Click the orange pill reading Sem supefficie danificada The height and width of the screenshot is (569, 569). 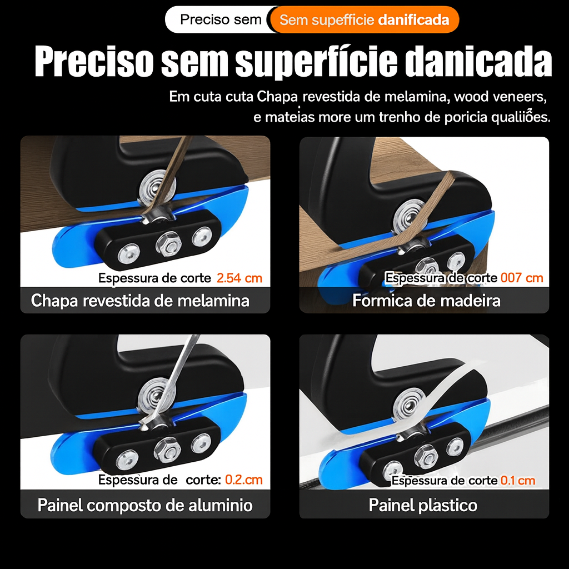click(365, 20)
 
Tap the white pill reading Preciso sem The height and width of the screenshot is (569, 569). click(221, 20)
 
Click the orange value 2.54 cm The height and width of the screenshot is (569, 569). click(239, 278)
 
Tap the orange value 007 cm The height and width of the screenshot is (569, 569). click(522, 278)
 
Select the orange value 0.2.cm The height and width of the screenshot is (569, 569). click(243, 480)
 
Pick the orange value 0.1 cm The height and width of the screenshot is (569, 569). click(518, 480)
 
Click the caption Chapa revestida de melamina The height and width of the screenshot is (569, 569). click(140, 301)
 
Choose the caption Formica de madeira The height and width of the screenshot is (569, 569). click(426, 301)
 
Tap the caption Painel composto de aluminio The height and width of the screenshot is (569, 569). click(145, 505)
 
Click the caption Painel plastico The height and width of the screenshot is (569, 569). click(423, 505)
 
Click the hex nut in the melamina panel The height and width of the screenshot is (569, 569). click(166, 242)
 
